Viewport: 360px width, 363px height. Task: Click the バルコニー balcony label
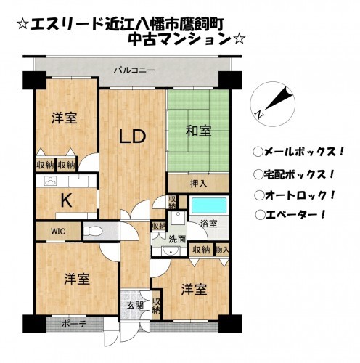coord(134,70)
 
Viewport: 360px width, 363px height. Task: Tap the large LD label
coord(134,136)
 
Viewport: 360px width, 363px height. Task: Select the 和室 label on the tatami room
coord(197,131)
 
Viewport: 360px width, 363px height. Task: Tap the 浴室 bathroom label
coord(208,225)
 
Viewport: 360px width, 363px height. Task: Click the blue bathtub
coord(211,207)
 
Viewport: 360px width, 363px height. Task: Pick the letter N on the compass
coord(259,113)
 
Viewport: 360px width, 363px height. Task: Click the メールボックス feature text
coord(298,152)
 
